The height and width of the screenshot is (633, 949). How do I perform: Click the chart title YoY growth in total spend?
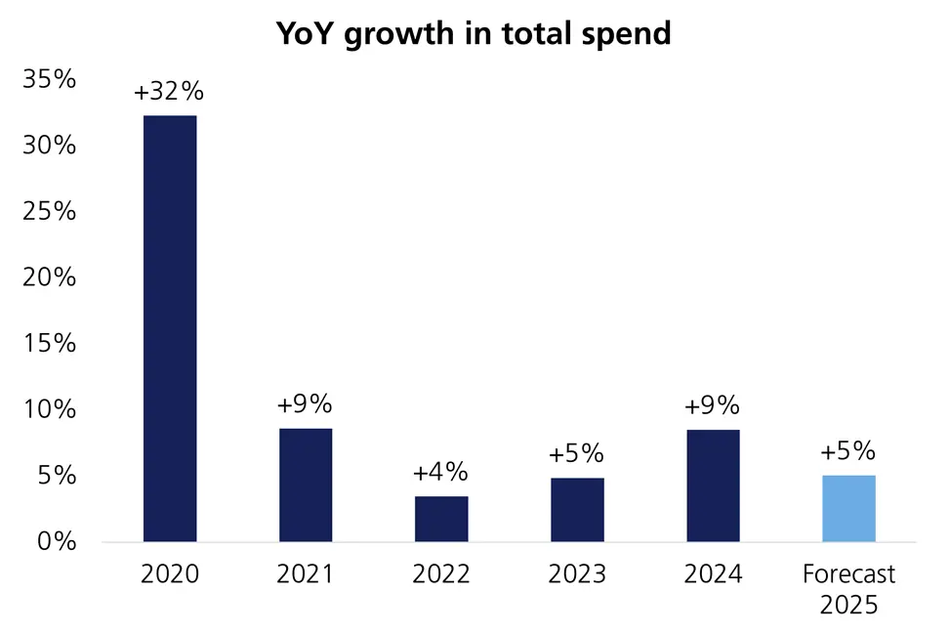pos(474,33)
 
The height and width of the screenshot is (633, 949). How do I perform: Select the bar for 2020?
pos(170,328)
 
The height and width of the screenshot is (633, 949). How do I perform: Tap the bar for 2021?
pos(306,485)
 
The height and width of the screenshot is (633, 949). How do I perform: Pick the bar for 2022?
pos(441,519)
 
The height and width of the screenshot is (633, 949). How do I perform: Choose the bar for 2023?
pos(577,509)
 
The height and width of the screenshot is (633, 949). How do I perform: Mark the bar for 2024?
pos(713,485)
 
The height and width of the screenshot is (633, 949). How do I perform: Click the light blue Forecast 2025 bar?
pos(848,508)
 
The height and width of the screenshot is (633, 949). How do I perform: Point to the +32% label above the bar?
pos(169,92)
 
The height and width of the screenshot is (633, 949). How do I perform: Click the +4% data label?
pos(440,473)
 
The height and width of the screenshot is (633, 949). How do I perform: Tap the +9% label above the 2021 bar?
pos(305,404)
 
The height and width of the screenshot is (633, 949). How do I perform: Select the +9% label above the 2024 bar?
pos(712,405)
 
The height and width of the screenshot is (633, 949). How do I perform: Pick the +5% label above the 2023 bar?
pos(576,454)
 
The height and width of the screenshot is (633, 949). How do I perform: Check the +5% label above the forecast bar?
pos(847,451)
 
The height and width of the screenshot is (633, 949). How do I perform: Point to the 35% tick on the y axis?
pos(49,80)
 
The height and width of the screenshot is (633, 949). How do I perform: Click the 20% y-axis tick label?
pos(49,277)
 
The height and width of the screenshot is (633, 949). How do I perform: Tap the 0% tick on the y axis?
pos(55,541)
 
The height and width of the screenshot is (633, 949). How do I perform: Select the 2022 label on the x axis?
pos(441,574)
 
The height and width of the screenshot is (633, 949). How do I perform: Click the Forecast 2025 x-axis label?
pos(848,589)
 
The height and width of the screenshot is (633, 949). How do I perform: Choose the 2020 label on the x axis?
pos(170,574)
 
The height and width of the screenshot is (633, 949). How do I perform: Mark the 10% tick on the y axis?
pos(49,409)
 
